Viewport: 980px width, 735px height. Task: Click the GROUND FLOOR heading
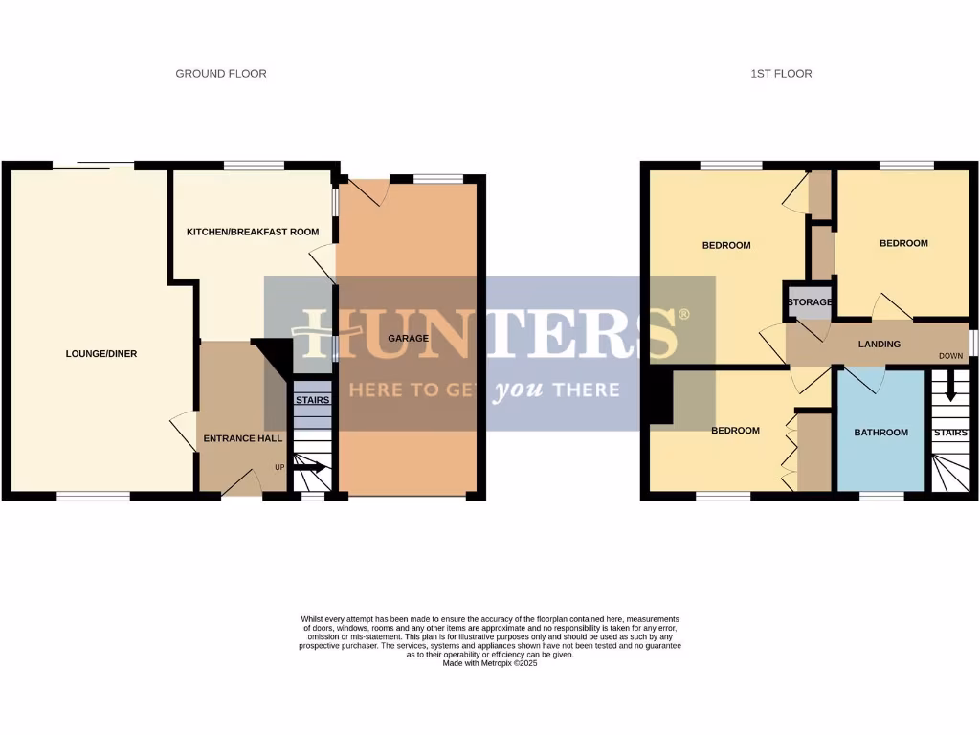(x=220, y=74)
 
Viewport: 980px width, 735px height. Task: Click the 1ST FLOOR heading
(x=781, y=74)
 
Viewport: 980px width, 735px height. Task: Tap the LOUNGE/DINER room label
(x=100, y=354)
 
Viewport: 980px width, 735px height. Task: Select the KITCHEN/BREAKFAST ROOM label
(x=252, y=233)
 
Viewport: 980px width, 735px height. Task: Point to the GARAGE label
(x=408, y=339)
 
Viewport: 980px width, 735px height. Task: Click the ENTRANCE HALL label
(x=242, y=438)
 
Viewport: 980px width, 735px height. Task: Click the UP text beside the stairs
(x=279, y=468)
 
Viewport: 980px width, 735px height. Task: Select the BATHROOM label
(x=880, y=433)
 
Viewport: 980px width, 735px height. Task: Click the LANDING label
(x=879, y=345)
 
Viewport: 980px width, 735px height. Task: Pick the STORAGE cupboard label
(x=809, y=302)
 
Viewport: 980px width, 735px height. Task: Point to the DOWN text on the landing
(x=950, y=356)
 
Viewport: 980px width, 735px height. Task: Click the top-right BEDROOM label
(x=903, y=243)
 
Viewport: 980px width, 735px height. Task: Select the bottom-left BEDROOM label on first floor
(x=735, y=431)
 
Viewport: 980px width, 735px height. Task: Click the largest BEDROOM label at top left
(x=726, y=246)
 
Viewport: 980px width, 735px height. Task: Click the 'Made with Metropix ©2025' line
(x=489, y=663)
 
